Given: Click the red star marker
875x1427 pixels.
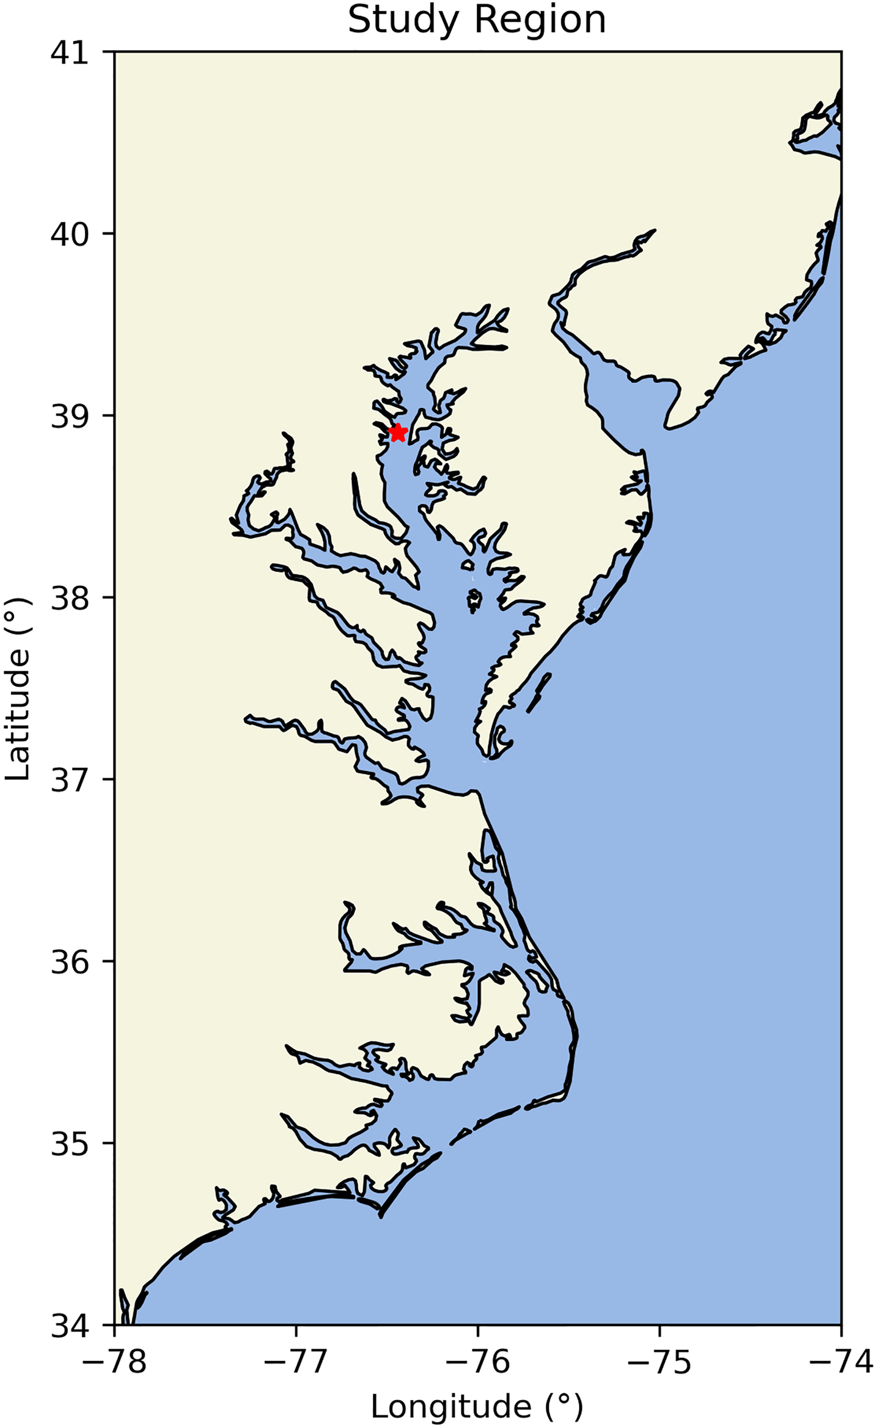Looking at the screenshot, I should (x=398, y=432).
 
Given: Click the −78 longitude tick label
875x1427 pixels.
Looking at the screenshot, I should (x=115, y=1360).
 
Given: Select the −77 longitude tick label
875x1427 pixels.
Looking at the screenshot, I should (x=296, y=1360).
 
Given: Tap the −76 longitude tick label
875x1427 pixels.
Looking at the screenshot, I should (x=478, y=1360).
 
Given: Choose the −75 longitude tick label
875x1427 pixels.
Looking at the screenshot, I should (x=660, y=1360).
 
